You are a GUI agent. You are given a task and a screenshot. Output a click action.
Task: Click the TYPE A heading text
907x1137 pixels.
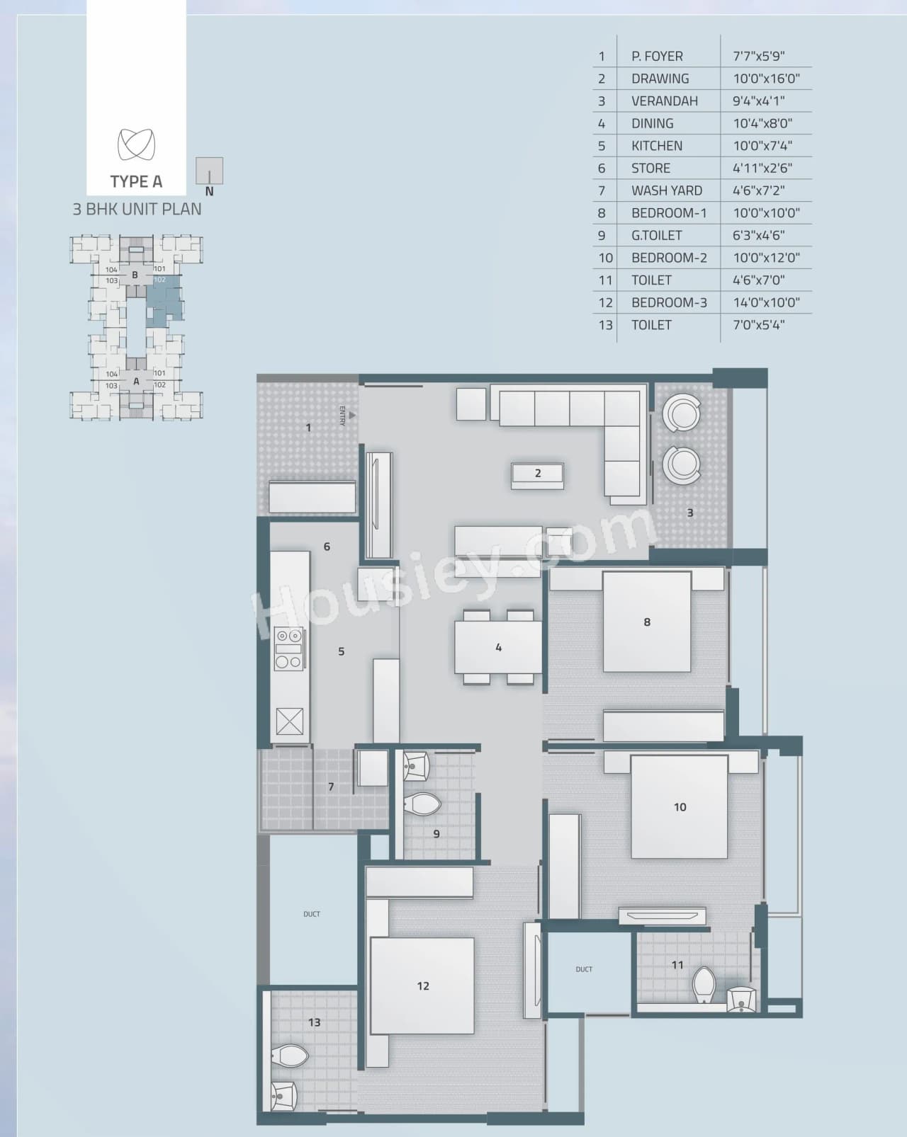coord(136,182)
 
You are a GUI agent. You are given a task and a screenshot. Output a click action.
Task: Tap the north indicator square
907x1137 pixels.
coord(209,171)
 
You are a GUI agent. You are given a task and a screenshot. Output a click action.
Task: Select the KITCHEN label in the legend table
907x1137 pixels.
coord(657,146)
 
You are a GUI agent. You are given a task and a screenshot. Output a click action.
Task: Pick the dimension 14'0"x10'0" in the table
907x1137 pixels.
coord(766,302)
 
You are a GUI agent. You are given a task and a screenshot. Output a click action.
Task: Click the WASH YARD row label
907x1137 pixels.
coord(667,190)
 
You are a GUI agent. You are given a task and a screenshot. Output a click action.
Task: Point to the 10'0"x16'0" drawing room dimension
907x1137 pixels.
coord(766,79)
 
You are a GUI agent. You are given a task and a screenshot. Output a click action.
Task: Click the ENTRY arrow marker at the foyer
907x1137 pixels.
coord(351,416)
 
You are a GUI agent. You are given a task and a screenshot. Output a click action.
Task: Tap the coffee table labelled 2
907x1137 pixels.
coord(538,474)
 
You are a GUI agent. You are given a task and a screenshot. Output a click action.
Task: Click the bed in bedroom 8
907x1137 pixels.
coord(647,622)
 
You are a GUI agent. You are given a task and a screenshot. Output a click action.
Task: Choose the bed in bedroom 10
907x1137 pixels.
coord(680,807)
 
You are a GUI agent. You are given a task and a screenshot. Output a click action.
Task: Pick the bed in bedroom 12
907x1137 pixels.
coord(422,985)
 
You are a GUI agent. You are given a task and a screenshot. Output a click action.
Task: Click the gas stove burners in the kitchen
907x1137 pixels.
coord(289,648)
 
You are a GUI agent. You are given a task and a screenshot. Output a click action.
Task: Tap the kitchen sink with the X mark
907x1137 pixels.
coord(289,721)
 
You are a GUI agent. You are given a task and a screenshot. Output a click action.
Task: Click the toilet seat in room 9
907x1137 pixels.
coord(423,804)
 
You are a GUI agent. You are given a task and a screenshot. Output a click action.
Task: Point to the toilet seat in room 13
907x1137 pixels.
coord(291,1056)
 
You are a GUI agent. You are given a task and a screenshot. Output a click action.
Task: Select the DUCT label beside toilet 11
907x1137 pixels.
coord(584,969)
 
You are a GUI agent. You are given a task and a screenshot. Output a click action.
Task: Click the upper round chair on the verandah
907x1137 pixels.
coord(682,414)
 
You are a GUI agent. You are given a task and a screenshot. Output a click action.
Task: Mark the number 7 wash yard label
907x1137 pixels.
coord(331,787)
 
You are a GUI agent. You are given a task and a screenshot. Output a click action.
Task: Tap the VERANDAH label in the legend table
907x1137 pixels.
coord(665,101)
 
